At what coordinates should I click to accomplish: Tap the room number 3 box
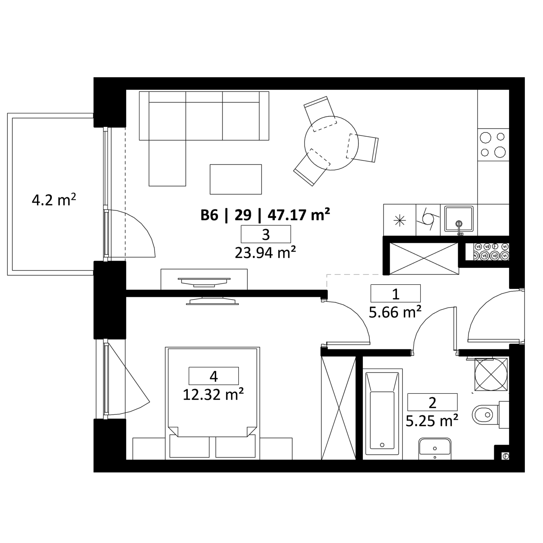266,234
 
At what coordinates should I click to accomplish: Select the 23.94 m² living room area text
265,252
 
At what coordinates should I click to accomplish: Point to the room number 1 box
395,293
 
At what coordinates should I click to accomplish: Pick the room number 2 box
432,402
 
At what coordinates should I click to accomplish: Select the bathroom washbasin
435,448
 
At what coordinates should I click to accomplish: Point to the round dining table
331,143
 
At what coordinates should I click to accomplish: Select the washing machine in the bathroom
491,374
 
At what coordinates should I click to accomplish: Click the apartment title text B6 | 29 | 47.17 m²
265,215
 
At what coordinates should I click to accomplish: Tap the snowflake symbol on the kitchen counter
399,220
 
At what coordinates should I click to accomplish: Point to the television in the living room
204,282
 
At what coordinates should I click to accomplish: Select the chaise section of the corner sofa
167,163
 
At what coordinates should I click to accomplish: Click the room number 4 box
213,376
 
